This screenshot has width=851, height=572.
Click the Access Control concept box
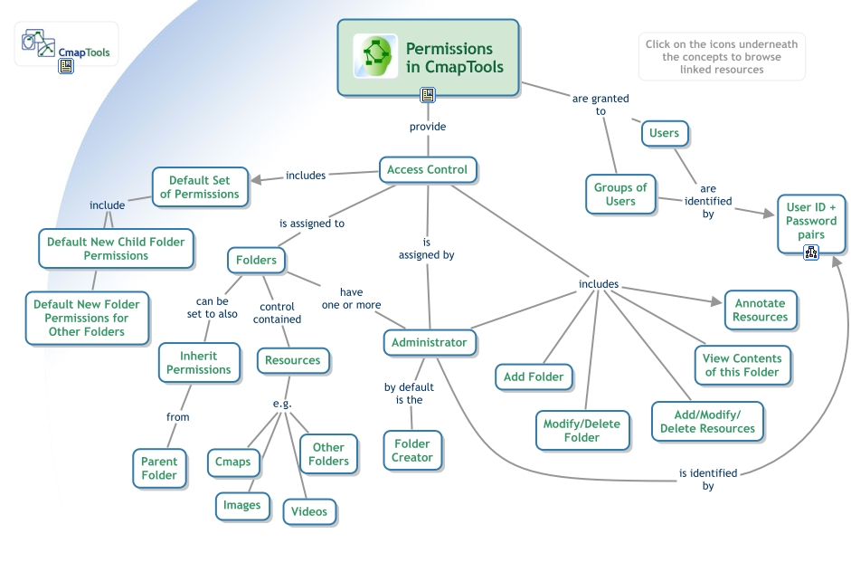coord(427,169)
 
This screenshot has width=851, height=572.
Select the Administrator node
coord(430,342)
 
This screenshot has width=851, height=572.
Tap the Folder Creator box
coord(412,451)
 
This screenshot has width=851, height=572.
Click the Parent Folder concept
coord(159,468)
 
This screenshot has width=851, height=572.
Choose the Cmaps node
coord(233,462)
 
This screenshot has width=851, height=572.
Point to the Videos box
coord(309,511)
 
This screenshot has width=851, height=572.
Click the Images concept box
coord(242,505)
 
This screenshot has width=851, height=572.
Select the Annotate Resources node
coord(760,310)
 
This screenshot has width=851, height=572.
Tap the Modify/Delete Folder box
coord(582,430)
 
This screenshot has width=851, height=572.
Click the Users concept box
coord(664,133)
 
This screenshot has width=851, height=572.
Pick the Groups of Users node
coord(620,195)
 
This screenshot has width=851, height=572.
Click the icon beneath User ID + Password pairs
coord(811,253)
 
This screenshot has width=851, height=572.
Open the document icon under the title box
coord(428,95)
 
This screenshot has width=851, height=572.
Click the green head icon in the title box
coord(375,56)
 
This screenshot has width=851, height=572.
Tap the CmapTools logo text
coord(83,52)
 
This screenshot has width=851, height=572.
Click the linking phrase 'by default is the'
coord(403,394)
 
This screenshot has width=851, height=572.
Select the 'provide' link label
coord(428,127)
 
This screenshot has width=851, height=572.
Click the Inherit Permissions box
coord(199,363)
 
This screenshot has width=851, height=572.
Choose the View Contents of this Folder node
coord(742,365)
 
